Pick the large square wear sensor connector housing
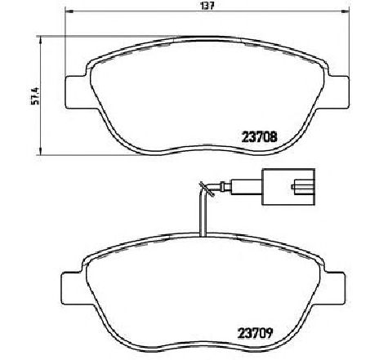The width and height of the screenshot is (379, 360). (x=290, y=187)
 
